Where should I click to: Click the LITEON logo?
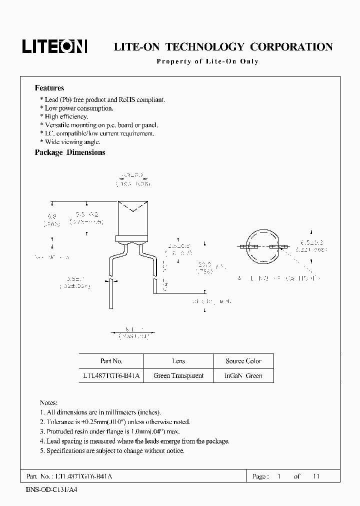(54, 46)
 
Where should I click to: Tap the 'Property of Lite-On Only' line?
(207, 61)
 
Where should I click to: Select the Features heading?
(49, 88)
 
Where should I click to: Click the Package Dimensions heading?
(70, 152)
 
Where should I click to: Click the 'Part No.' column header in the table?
(111, 361)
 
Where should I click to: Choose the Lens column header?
(178, 361)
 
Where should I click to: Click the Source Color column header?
(243, 361)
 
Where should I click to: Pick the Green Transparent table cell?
(178, 375)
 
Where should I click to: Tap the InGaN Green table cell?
(243, 375)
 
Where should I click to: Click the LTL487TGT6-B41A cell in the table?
(111, 375)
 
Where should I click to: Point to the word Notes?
(48, 402)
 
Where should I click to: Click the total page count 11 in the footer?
(315, 476)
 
